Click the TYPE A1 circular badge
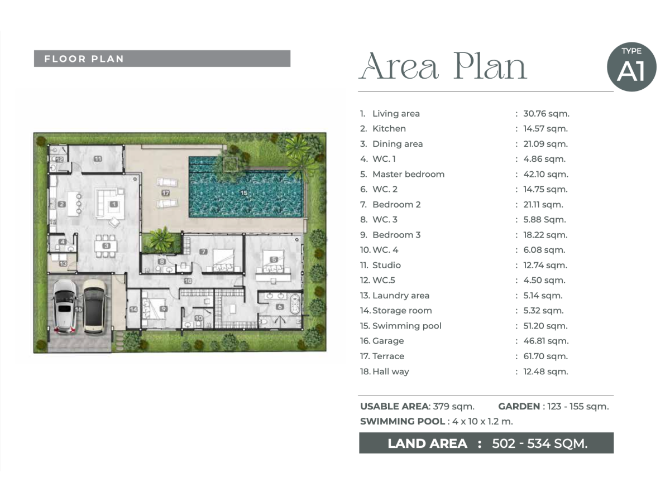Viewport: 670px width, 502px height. [x=631, y=67]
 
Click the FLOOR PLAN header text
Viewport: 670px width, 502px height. [x=84, y=59]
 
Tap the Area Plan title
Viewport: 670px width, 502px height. [x=443, y=66]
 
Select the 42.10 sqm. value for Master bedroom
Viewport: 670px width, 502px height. [x=545, y=174]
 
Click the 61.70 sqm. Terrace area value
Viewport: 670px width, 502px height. [x=545, y=356]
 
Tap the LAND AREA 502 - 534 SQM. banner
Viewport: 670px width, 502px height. [x=486, y=443]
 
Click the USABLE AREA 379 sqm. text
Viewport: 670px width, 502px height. [x=417, y=406]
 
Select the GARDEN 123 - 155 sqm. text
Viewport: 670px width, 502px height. [x=553, y=406]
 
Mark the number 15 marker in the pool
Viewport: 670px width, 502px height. [x=243, y=192]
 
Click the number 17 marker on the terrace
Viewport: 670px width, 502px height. [x=166, y=192]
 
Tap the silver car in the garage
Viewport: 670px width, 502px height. [x=65, y=306]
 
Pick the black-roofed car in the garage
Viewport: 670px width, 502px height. [x=94, y=306]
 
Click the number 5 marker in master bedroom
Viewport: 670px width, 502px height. [x=274, y=259]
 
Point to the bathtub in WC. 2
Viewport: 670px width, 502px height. [x=294, y=304]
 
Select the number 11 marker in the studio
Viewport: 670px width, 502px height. [x=98, y=159]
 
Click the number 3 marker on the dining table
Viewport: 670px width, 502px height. [x=106, y=245]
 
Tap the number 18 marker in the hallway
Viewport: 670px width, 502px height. [x=188, y=281]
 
